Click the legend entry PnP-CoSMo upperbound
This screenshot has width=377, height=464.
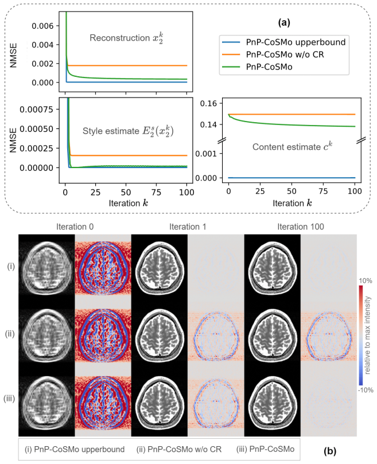(x=283, y=42)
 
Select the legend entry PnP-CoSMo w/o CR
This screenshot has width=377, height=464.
(x=273, y=54)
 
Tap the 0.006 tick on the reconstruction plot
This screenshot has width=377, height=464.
(x=42, y=26)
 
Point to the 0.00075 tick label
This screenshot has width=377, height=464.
(x=36, y=110)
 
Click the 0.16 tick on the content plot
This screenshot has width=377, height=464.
(x=208, y=103)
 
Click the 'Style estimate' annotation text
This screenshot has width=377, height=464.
(x=111, y=131)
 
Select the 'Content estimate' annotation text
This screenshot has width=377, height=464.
(x=286, y=147)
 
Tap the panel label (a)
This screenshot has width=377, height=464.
(x=284, y=22)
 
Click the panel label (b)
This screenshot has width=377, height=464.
(x=330, y=451)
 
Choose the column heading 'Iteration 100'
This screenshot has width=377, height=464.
(x=301, y=227)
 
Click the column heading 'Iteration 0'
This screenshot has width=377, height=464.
(x=75, y=227)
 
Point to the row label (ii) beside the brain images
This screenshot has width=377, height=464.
(x=10, y=334)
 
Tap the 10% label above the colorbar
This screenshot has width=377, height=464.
(x=366, y=280)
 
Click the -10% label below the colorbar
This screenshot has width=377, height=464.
(x=366, y=390)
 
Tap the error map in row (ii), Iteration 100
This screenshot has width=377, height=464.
(x=329, y=334)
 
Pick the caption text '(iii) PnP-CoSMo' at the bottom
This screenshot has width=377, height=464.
(x=265, y=449)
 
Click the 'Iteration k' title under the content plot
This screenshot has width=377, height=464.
(x=292, y=203)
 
